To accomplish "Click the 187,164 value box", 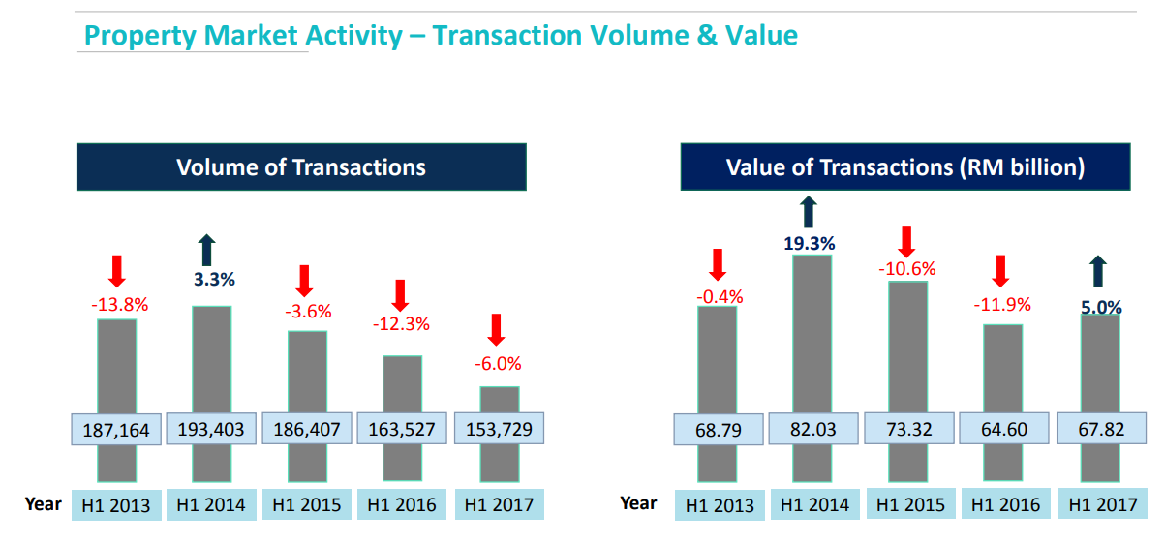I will pyautogui.click(x=117, y=430).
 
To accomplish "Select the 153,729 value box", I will pyautogui.click(x=499, y=429).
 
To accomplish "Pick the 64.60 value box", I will pyautogui.click(x=1003, y=429).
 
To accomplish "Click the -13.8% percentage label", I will pyautogui.click(x=119, y=304).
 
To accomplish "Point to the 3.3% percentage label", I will pyautogui.click(x=214, y=280).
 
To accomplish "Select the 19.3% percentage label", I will pyautogui.click(x=810, y=243).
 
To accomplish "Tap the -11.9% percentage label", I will pyautogui.click(x=1001, y=305).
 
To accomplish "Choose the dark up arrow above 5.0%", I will pyautogui.click(x=1098, y=273).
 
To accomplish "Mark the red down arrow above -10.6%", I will pyautogui.click(x=907, y=241).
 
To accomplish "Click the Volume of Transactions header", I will pyautogui.click(x=301, y=167).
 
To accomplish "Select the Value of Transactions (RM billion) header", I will pyautogui.click(x=905, y=167).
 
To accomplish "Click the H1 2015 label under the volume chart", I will pyautogui.click(x=307, y=504).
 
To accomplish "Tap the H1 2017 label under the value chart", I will pyautogui.click(x=1101, y=504).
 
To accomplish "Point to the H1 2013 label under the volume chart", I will pyautogui.click(x=116, y=505).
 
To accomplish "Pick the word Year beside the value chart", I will pyautogui.click(x=638, y=503).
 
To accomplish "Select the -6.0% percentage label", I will pyautogui.click(x=498, y=364).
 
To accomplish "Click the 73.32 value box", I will pyautogui.click(x=907, y=429).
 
